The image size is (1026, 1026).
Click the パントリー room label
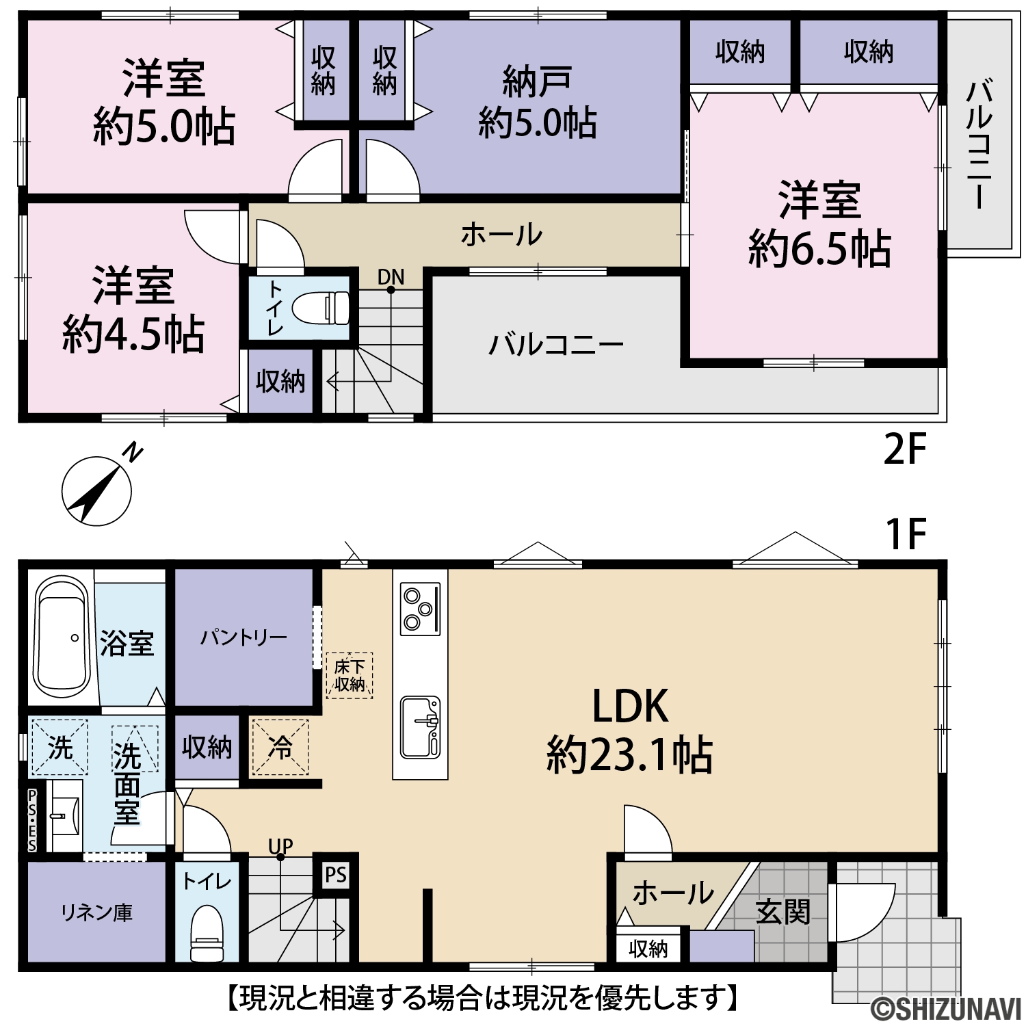(x=244, y=638)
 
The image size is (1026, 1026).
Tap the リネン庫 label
(x=96, y=912)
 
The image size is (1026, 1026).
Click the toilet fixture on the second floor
(x=320, y=307)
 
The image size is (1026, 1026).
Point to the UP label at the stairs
(x=280, y=847)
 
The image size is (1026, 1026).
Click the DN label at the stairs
(x=391, y=277)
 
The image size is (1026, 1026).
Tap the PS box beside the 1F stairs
(x=336, y=875)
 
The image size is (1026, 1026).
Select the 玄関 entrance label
(x=783, y=912)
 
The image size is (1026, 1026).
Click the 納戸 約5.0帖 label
(x=537, y=103)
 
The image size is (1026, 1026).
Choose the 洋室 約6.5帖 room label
(x=819, y=224)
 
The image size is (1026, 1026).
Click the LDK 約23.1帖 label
(x=629, y=731)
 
